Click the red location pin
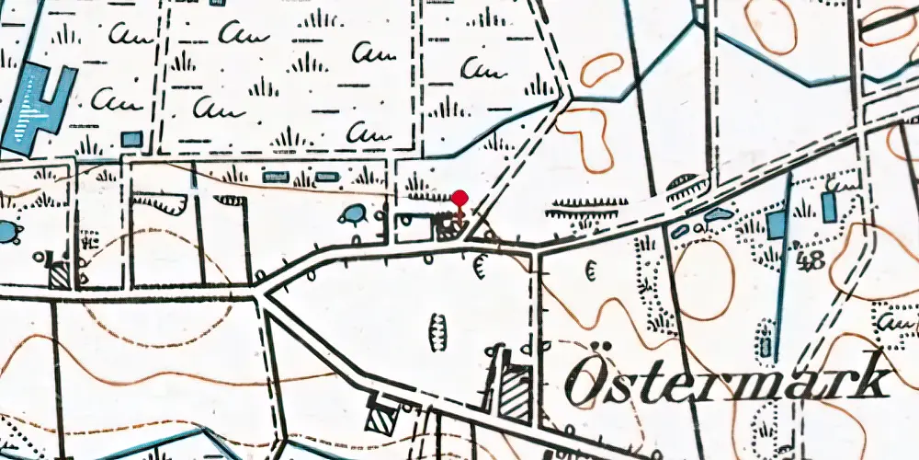(459, 198)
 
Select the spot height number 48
(811, 261)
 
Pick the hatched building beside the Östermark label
(516, 391)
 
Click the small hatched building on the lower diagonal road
(379, 419)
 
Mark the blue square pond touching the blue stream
(777, 225)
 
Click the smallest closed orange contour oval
(602, 69)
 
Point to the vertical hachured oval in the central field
(438, 328)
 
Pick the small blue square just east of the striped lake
(132, 139)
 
